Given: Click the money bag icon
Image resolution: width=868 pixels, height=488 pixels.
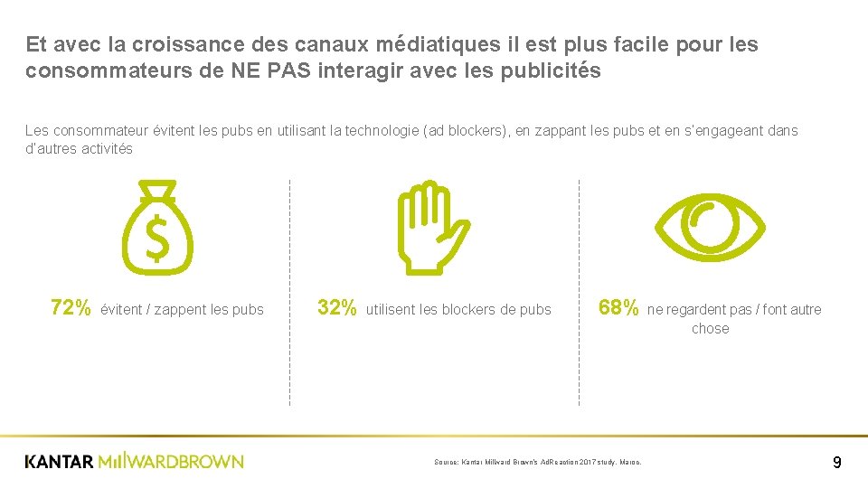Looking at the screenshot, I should click(x=157, y=230).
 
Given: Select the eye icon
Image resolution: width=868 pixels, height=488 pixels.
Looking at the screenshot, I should click(x=710, y=226).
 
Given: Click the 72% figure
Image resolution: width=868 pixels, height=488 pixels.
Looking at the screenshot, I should click(x=71, y=309).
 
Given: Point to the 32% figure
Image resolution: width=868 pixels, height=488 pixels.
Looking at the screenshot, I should click(x=337, y=309).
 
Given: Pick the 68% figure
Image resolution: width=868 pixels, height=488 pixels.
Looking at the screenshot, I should click(x=618, y=309).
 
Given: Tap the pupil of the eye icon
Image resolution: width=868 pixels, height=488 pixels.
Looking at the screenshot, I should click(x=710, y=226).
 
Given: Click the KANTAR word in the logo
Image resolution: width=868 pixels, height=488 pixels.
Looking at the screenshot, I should click(x=59, y=462).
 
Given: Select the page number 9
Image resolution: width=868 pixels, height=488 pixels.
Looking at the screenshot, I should click(x=836, y=463).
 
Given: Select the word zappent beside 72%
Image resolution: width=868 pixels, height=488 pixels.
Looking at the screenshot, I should click(x=180, y=310).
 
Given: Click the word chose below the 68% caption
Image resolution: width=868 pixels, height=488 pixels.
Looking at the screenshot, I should click(x=710, y=329).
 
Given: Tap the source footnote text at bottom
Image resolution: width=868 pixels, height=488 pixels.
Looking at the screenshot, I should click(x=537, y=462).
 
